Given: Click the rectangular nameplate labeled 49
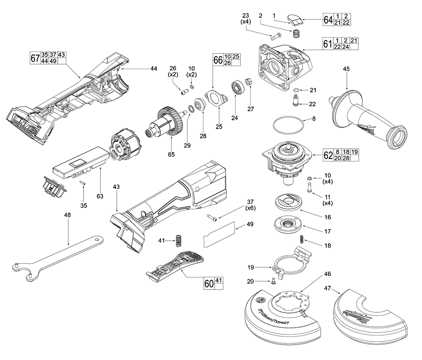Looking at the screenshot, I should (x=219, y=234).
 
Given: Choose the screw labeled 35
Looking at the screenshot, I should (x=83, y=183).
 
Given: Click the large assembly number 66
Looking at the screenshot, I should (x=218, y=60).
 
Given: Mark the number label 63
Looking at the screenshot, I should (x=100, y=196).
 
